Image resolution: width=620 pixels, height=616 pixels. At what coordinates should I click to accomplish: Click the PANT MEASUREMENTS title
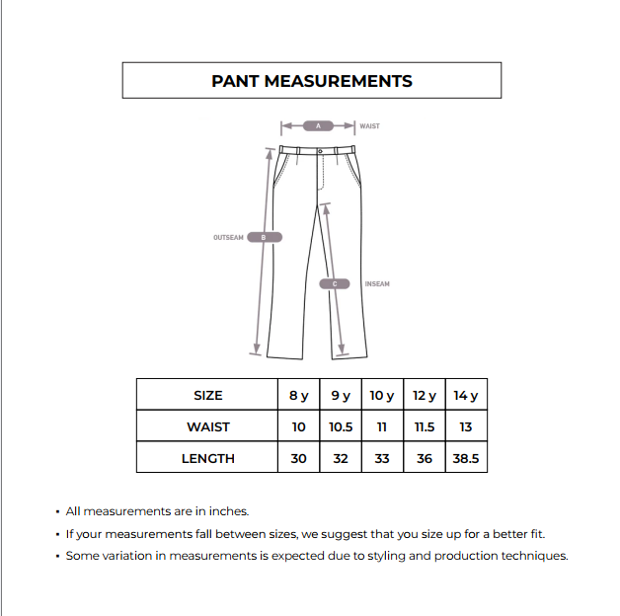pos(312,81)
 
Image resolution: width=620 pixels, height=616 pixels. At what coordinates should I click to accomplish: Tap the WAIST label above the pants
pos(370,126)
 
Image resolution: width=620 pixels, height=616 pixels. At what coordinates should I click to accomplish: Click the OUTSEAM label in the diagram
pos(228,237)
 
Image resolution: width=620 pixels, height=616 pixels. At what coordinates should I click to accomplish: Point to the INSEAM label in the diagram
pos(377,284)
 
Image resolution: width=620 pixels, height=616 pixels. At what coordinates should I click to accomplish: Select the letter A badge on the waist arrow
pos(318,126)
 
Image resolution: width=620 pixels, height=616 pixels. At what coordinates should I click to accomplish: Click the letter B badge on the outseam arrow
pos(264,237)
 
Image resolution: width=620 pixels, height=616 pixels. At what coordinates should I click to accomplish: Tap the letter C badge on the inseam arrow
pos(336,284)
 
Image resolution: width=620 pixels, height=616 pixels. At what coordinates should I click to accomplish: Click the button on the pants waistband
pos(320,151)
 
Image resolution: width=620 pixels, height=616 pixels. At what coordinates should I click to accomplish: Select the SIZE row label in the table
pos(207,395)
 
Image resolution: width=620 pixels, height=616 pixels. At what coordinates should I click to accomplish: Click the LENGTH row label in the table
pos(207,458)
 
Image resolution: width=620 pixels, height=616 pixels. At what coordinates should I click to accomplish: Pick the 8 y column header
pos(298,395)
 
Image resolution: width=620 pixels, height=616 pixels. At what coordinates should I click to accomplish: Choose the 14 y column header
pos(466,395)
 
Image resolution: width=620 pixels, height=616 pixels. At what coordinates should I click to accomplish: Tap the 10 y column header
pos(382,395)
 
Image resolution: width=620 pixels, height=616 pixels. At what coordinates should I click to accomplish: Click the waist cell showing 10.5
pos(341,426)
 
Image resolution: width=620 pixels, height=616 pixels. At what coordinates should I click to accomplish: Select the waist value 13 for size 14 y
pos(466,426)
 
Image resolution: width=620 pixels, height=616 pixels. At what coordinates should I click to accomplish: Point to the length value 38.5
pos(466,458)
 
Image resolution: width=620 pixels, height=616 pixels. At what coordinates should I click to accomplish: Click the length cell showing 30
pos(298,458)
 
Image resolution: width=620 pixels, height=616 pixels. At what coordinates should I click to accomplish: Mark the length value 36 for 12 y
pos(425,458)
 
